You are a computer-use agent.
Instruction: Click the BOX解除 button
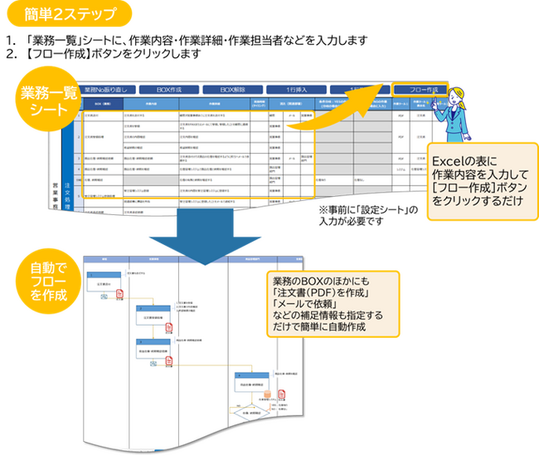point(234,88)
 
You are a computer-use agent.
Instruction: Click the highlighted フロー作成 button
point(420,90)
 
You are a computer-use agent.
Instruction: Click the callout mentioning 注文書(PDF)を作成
point(331,303)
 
